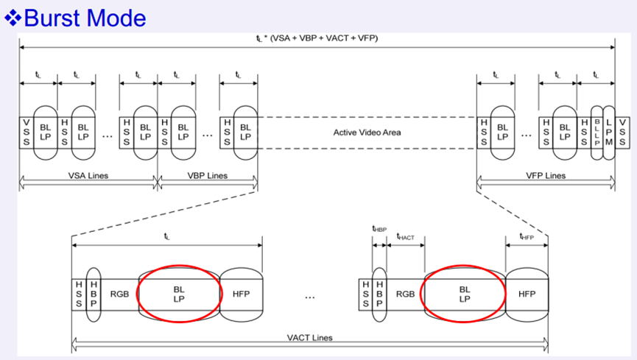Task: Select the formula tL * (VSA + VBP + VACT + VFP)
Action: click(x=317, y=38)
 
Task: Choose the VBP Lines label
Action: click(x=208, y=176)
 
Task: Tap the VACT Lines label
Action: click(x=309, y=337)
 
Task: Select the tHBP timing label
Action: click(x=379, y=228)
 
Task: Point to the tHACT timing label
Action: click(x=406, y=236)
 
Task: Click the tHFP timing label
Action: click(x=527, y=236)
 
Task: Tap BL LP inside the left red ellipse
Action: click(x=180, y=294)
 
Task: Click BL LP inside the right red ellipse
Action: click(x=464, y=294)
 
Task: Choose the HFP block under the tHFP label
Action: click(x=527, y=294)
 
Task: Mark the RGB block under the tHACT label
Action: click(x=405, y=294)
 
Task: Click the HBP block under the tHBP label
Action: click(x=379, y=294)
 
